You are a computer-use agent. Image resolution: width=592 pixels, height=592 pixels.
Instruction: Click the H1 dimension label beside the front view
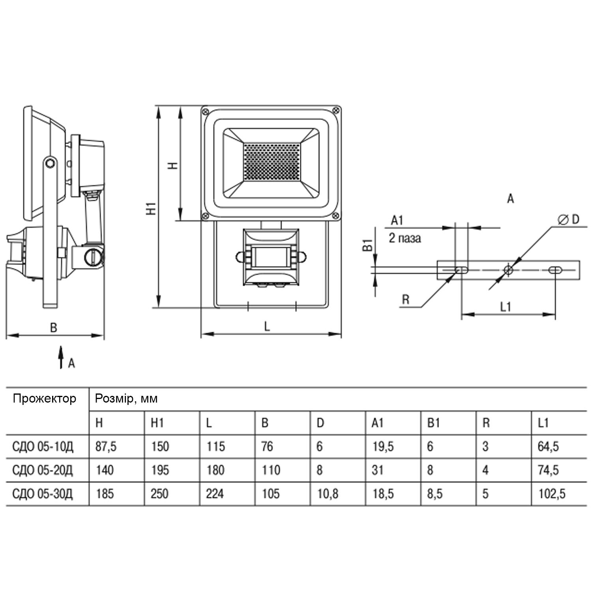pos(151,208)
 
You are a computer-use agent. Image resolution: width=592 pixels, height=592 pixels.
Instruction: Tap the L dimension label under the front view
pos(267,326)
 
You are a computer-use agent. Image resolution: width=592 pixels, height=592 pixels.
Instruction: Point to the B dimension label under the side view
pos(53,327)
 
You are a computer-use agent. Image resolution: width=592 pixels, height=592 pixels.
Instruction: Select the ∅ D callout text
pos(569,219)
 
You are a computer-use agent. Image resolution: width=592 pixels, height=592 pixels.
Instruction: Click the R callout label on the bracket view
pos(405,300)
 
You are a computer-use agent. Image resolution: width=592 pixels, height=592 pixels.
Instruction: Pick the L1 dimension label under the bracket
pos(506,307)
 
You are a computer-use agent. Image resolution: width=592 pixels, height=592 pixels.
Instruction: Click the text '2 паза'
pos(405,238)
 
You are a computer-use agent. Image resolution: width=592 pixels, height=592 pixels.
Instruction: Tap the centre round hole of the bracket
pos(508,270)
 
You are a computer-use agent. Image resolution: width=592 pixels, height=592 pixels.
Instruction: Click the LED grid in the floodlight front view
pos(272,162)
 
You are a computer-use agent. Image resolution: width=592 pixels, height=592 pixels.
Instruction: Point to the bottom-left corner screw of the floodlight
pos(205,215)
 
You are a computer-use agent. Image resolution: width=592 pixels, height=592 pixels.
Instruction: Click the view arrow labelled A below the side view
pos(61,358)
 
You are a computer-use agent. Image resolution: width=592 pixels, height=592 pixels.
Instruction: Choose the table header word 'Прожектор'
pos(44,399)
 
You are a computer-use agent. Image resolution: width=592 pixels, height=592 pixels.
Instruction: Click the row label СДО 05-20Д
pos(43,470)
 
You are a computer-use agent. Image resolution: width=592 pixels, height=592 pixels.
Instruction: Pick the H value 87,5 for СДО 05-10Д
pos(106,446)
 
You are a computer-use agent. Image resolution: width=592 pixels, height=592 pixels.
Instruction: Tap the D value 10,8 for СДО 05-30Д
pos(328,493)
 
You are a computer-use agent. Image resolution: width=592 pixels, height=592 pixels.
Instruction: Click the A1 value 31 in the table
pos(378,470)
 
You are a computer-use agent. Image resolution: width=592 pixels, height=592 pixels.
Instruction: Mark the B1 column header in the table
pos(433,423)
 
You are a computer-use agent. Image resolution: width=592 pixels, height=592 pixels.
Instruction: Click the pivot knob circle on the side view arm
pos(50,163)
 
